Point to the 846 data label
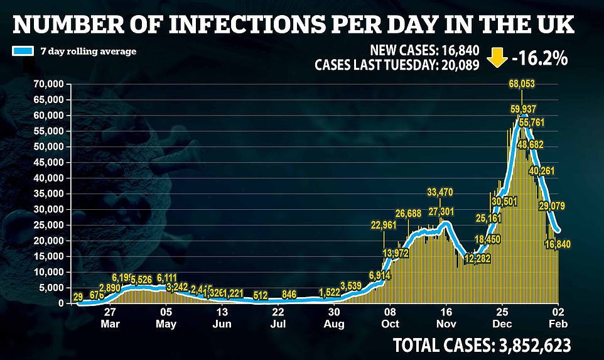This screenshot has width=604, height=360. tap(289, 295)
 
